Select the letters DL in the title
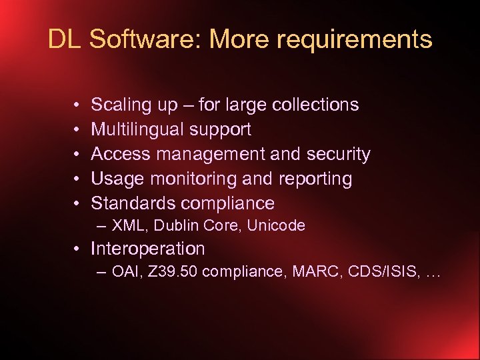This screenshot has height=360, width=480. [64, 39]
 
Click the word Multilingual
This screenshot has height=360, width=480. [137, 129]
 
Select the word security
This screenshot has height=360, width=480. [338, 154]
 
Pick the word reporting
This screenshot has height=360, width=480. [317, 179]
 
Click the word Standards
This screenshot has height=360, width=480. [133, 203]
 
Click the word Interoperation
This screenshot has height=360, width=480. [147, 249]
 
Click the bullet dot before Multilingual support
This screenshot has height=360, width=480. [78, 130]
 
